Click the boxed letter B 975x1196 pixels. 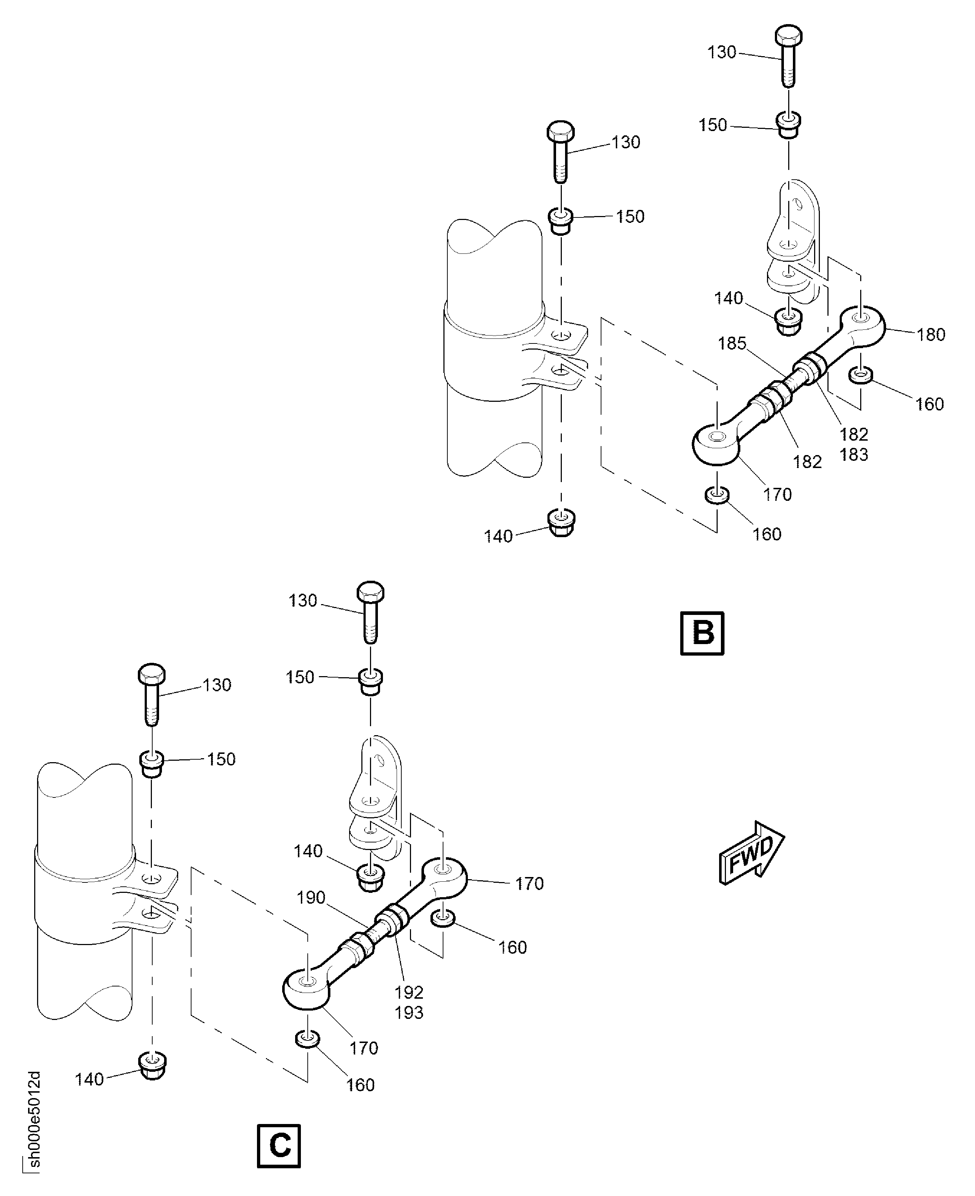click(x=702, y=633)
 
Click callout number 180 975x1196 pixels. click(x=931, y=335)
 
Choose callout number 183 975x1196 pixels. click(x=854, y=454)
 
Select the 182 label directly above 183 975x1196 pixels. click(x=854, y=434)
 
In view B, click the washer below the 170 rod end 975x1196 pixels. click(x=717, y=495)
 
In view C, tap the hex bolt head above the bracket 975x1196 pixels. click(x=371, y=592)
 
